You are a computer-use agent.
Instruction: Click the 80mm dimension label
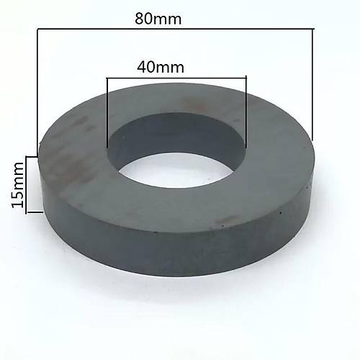pyautogui.click(x=158, y=19)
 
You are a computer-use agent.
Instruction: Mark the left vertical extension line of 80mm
pyautogui.click(x=36, y=86)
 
